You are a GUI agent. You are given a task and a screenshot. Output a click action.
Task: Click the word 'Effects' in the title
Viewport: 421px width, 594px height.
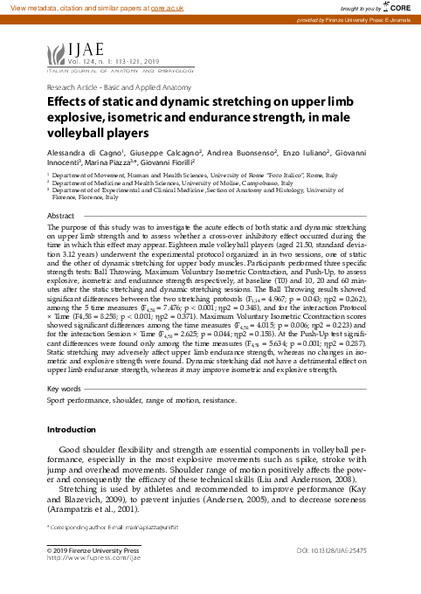(x=68, y=105)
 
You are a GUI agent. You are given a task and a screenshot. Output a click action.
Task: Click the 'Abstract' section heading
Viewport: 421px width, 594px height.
(x=60, y=215)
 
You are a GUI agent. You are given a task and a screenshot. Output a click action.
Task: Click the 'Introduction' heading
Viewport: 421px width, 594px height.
(x=72, y=431)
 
